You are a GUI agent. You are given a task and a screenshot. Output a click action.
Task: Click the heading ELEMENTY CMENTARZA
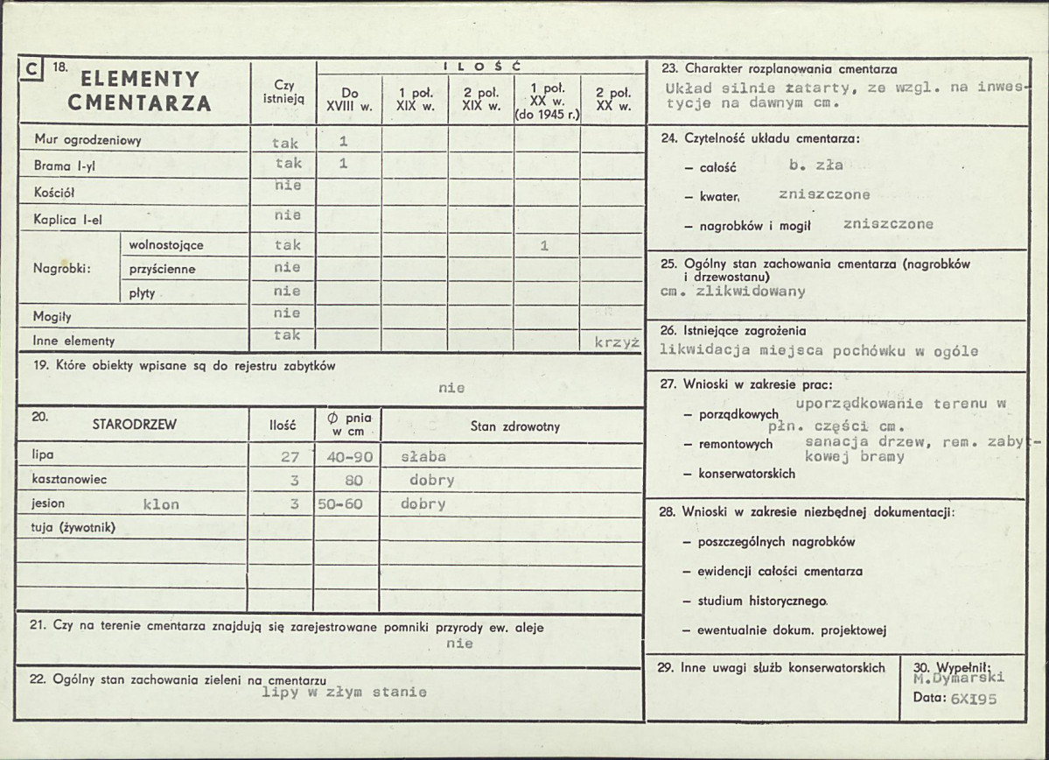(139, 91)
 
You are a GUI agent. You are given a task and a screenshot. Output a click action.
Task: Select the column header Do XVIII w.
(349, 99)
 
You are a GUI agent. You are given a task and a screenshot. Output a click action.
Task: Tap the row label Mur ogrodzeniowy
(87, 140)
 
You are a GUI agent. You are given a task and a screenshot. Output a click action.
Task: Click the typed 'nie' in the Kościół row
(287, 186)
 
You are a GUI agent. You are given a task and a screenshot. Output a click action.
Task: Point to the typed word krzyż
(617, 342)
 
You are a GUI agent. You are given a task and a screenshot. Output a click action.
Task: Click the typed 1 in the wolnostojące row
(544, 246)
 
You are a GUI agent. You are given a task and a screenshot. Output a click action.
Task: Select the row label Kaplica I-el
(68, 220)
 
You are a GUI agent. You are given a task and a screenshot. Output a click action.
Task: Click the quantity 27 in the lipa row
(290, 456)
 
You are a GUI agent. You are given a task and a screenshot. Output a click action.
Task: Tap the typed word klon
(161, 504)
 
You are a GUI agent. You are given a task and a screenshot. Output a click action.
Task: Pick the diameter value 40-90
(347, 456)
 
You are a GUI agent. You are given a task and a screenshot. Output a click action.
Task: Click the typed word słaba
(423, 456)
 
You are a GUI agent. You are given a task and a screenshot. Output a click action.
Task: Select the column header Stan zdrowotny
(514, 426)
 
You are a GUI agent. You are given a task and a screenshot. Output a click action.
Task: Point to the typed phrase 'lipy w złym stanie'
(345, 692)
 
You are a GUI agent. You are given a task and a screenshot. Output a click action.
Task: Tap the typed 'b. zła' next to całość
(815, 165)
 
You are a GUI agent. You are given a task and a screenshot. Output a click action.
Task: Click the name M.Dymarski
(958, 677)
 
